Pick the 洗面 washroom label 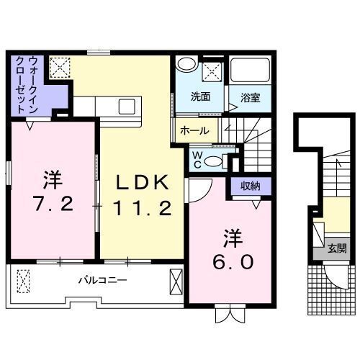200,96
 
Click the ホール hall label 194,130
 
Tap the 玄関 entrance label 336,248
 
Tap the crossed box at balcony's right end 176,279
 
